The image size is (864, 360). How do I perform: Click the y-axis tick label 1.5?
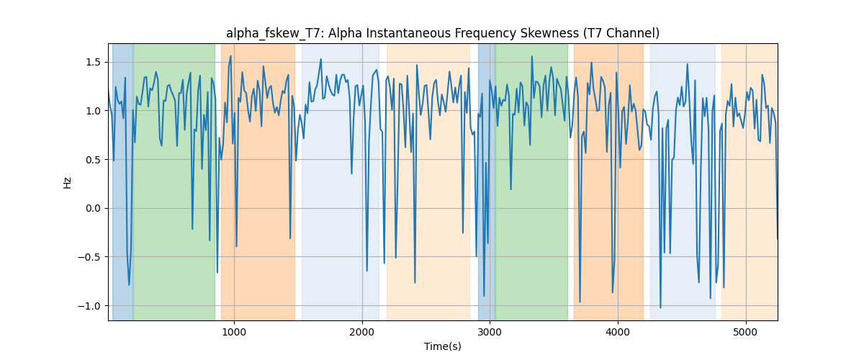point(93,62)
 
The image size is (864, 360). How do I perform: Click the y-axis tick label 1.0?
point(93,111)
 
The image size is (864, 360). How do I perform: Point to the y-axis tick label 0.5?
point(93,160)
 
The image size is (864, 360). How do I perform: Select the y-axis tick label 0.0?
point(93,208)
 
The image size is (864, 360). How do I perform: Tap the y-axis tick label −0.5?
point(89,257)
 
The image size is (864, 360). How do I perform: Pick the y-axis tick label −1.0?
point(89,306)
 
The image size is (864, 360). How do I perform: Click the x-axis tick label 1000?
point(234,332)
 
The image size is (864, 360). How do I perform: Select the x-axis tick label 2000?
point(362,332)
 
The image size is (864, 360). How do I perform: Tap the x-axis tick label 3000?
point(490,332)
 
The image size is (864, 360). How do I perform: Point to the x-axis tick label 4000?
point(618,332)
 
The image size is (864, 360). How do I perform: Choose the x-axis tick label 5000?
point(746,332)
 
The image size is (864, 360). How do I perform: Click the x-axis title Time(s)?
point(443,346)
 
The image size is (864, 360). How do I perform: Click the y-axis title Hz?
point(68,183)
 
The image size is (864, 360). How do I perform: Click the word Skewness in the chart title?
point(549,34)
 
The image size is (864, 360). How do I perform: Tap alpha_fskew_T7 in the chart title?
point(275,34)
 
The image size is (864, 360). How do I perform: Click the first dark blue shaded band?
point(122,181)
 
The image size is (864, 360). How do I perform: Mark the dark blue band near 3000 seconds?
point(487,181)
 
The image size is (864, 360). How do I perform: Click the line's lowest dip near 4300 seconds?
point(660,307)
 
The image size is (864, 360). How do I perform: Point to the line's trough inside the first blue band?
point(129,284)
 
